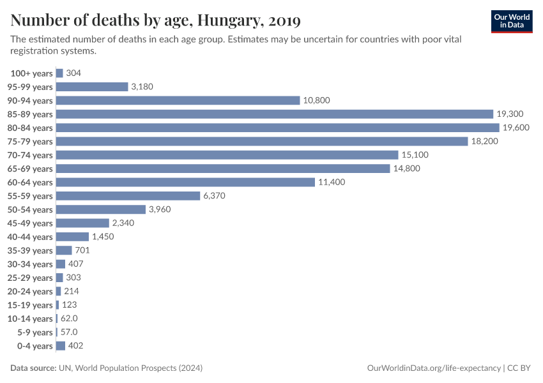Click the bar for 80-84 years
(x=278, y=128)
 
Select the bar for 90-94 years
(x=178, y=100)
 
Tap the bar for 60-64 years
(x=186, y=182)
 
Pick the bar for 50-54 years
(x=101, y=209)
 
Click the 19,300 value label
(x=510, y=114)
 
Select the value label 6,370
(x=215, y=196)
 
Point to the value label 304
(x=73, y=73)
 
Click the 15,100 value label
(x=415, y=155)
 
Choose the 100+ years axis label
(x=31, y=73)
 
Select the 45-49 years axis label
(x=31, y=223)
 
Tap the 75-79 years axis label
(x=31, y=141)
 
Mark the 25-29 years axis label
(x=31, y=278)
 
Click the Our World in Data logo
(x=511, y=20)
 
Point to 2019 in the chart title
(x=285, y=20)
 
